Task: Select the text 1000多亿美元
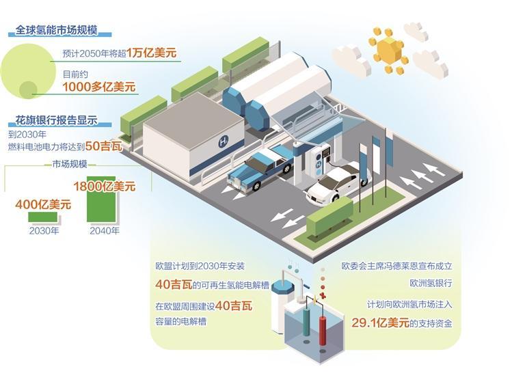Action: pyautogui.click(x=99, y=87)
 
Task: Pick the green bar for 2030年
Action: pyautogui.click(x=42, y=217)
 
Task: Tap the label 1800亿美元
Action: pyautogui.click(x=104, y=185)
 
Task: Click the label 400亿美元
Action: pyautogui.click(x=44, y=204)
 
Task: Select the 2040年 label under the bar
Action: pyautogui.click(x=104, y=230)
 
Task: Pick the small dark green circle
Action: pyautogui.click(x=29, y=89)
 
